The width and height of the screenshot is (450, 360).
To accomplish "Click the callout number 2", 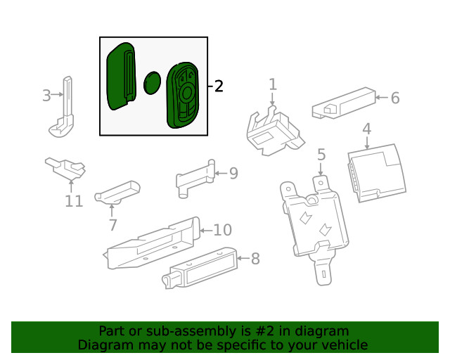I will (219, 86).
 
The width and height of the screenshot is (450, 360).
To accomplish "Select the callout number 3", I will (46, 96).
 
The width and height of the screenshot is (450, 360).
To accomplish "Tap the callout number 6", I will (394, 98).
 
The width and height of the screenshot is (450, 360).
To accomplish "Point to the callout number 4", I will (366, 129).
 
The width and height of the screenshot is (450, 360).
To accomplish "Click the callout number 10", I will (222, 230).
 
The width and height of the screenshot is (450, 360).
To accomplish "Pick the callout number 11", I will (74, 202).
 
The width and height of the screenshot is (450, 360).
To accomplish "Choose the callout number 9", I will (233, 173).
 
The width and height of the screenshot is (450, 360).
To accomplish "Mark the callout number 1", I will (273, 85).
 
